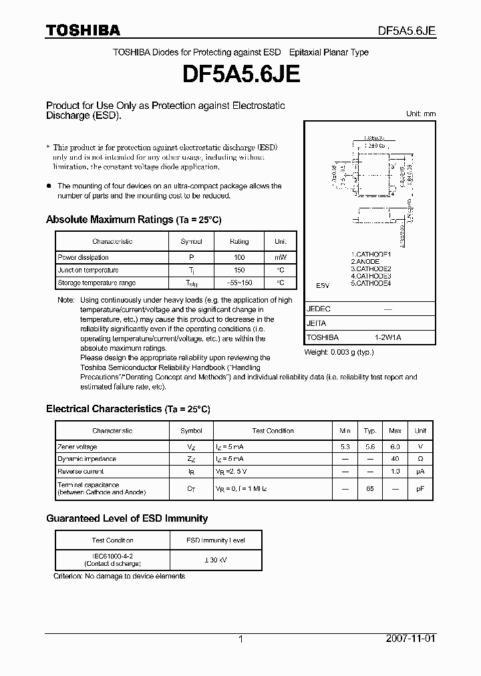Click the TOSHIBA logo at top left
point(83,31)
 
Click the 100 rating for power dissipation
point(239,257)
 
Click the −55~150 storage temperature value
point(239,283)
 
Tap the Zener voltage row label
point(77,447)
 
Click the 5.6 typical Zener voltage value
point(370,447)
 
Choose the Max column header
point(395,431)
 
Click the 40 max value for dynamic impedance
point(395,459)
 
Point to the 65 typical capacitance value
point(370,489)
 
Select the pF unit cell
point(420,489)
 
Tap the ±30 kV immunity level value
point(214,559)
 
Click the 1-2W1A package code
point(387,337)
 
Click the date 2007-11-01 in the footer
point(411,639)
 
